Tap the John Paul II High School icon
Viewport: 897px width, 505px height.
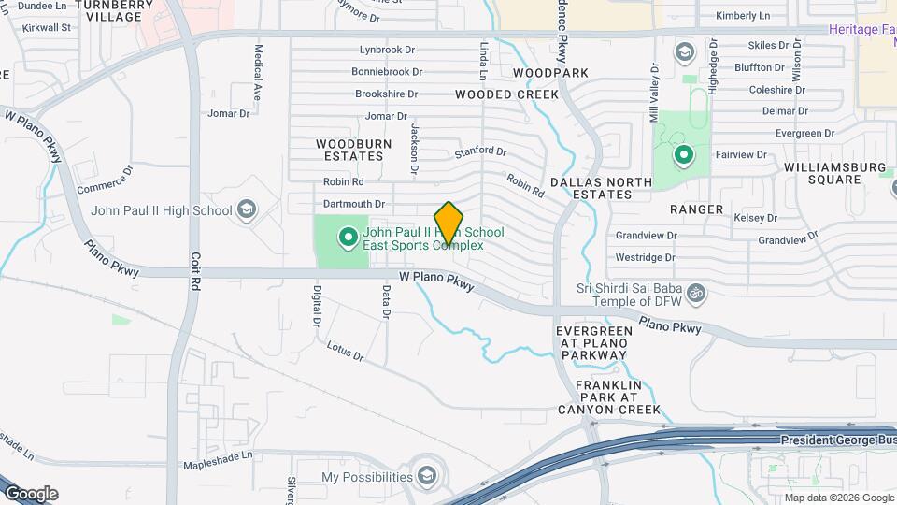(x=247, y=209)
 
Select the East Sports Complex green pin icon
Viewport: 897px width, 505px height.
(x=349, y=238)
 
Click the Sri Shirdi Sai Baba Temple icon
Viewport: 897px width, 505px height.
(x=694, y=295)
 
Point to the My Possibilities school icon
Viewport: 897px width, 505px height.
(x=427, y=476)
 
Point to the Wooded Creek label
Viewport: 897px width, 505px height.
(x=506, y=94)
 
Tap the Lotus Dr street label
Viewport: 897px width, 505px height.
(x=344, y=352)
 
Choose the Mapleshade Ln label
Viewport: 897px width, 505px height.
(x=218, y=457)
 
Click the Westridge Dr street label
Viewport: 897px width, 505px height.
(x=645, y=257)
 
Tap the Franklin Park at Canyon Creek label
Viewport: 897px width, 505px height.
(x=608, y=397)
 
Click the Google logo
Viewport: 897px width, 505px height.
(x=31, y=494)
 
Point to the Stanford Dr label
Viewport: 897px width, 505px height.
(x=480, y=151)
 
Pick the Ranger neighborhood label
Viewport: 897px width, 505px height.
(x=696, y=209)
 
